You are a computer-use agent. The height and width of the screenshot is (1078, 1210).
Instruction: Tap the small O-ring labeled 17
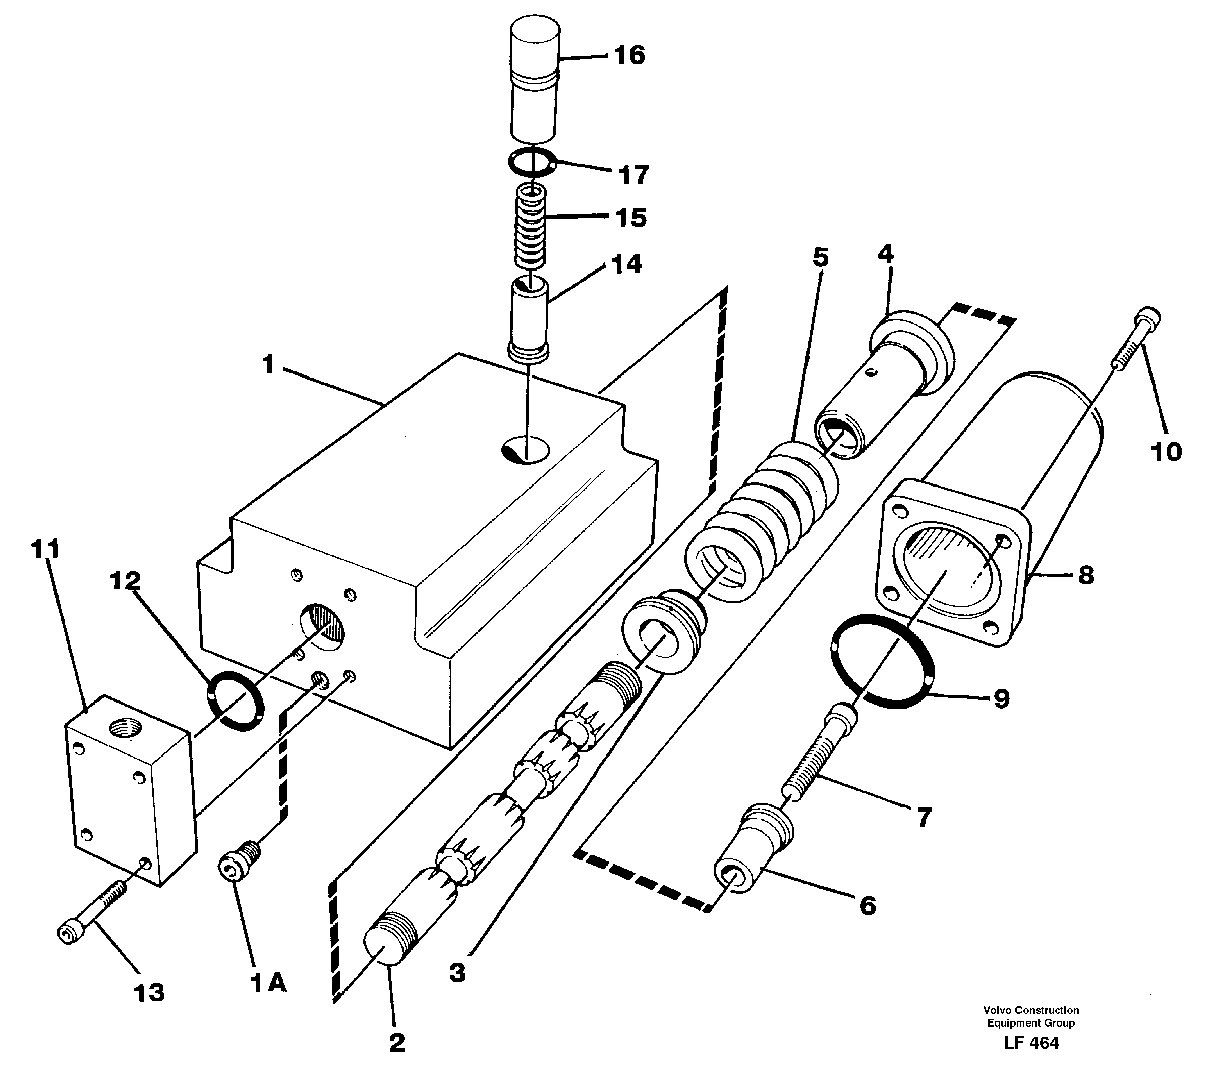[x=532, y=163]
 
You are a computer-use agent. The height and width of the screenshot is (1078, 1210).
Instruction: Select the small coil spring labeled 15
[x=531, y=226]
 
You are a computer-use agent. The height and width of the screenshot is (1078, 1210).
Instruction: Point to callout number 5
[x=820, y=258]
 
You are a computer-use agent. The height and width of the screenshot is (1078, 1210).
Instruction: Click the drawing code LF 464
[x=1031, y=1059]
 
